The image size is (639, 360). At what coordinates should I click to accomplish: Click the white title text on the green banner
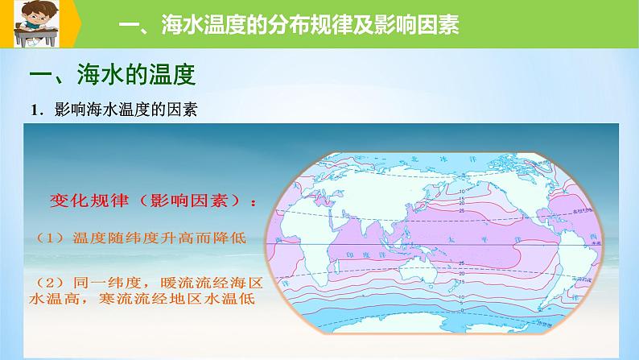(x=288, y=27)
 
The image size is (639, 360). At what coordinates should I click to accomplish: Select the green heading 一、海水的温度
(x=112, y=77)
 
